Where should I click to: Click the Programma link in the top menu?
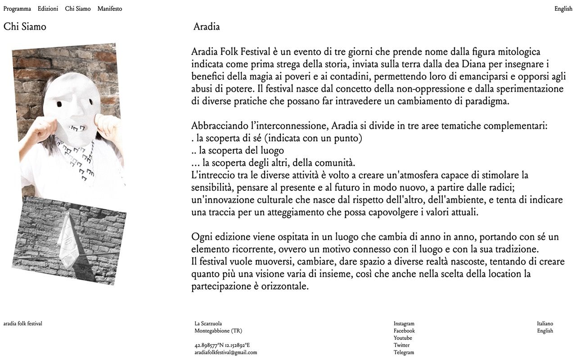click(x=17, y=9)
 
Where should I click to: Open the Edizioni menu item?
click(x=48, y=9)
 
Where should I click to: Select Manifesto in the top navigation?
click(x=109, y=9)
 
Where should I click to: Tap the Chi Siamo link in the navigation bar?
click(x=77, y=9)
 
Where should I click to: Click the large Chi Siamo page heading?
click(x=25, y=27)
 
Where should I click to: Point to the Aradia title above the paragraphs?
click(x=207, y=27)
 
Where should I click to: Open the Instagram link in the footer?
click(x=404, y=324)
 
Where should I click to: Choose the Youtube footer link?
click(x=403, y=338)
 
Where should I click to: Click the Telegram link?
click(x=404, y=352)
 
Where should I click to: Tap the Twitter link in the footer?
click(x=401, y=345)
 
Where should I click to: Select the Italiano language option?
click(x=545, y=324)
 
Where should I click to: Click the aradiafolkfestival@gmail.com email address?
click(x=225, y=352)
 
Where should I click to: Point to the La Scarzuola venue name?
click(x=208, y=324)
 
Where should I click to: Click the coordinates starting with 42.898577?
click(x=222, y=345)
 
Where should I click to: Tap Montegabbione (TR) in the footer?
click(x=218, y=331)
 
